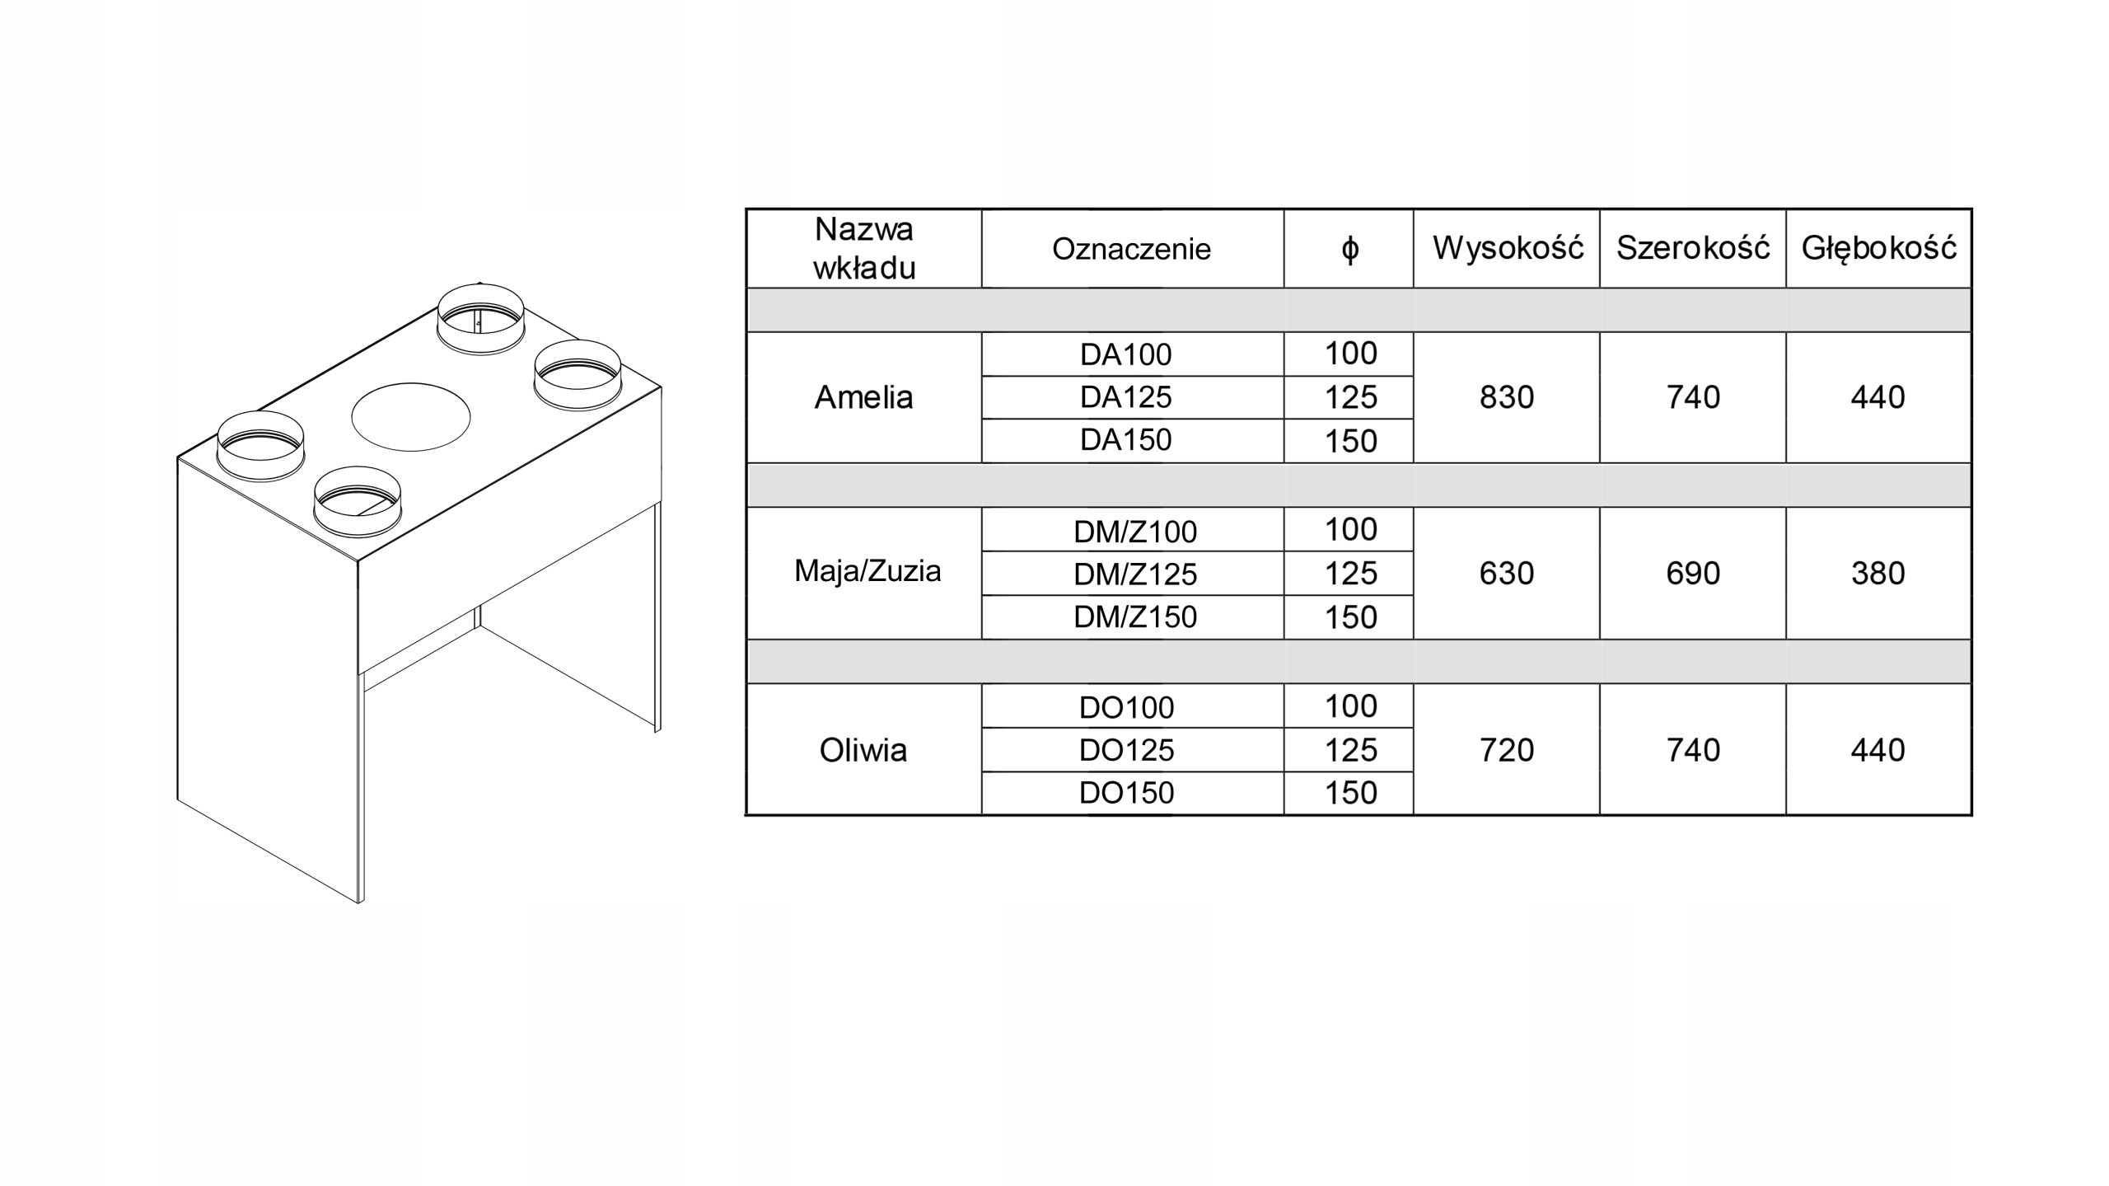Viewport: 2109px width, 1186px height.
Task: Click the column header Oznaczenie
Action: coord(1131,249)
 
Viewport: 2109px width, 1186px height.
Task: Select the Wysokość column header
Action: coord(1507,248)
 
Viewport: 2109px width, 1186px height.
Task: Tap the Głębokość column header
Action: coord(1878,248)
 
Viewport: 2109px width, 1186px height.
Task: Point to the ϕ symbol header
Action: coord(1349,249)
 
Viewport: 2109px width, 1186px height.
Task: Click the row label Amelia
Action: coord(863,397)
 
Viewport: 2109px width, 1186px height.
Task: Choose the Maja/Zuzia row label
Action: coord(867,571)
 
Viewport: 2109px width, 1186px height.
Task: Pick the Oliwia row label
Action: coord(863,750)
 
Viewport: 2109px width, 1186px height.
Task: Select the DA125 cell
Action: coord(1125,397)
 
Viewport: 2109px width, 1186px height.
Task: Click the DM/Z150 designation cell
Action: coord(1134,617)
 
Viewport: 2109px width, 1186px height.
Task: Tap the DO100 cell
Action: coord(1126,707)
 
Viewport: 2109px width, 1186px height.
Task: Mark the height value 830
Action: coord(1507,397)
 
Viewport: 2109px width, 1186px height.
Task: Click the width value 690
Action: coord(1693,574)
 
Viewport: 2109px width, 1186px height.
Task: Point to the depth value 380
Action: coord(1878,574)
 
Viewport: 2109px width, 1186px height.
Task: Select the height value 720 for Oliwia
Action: coord(1507,750)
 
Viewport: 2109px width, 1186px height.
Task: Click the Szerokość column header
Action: coord(1693,248)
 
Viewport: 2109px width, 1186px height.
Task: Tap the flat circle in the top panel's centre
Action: coord(410,417)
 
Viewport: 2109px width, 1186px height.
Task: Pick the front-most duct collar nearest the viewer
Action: coord(357,501)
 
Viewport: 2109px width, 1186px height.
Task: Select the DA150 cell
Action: coord(1125,440)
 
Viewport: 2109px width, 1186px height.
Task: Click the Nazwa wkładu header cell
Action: coord(863,249)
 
